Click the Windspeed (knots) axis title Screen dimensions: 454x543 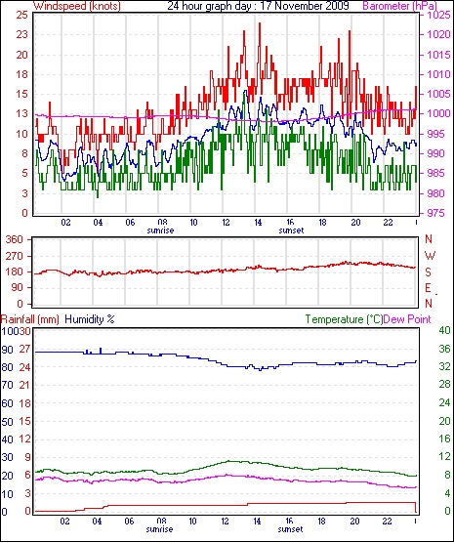click(77, 6)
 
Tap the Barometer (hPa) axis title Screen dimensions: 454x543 click(399, 6)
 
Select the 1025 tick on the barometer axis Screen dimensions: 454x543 click(438, 15)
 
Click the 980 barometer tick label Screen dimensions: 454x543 click(435, 193)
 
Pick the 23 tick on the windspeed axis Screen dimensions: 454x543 click(21, 34)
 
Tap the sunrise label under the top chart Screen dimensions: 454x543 click(160, 230)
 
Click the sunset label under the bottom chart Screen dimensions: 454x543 click(290, 529)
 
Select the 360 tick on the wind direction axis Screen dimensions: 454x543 click(15, 239)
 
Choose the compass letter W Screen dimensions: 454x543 click(430, 256)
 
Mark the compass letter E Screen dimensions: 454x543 click(428, 288)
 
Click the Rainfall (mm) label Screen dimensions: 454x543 click(30, 319)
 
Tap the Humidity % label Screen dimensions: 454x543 click(90, 319)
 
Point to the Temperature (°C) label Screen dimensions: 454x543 click(344, 319)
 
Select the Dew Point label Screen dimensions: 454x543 click(407, 319)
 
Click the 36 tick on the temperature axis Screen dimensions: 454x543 click(444, 349)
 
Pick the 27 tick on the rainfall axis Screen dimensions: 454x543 click(24, 349)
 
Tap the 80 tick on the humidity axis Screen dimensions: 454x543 click(7, 367)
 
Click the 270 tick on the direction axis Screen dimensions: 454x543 click(15, 256)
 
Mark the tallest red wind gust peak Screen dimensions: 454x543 click(260, 23)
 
